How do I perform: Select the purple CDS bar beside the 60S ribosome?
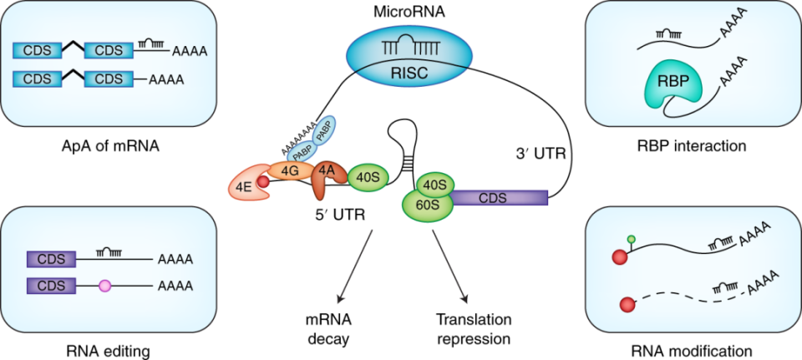click(x=499, y=198)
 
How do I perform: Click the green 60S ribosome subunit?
click(x=424, y=204)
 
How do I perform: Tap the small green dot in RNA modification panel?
click(x=632, y=240)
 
